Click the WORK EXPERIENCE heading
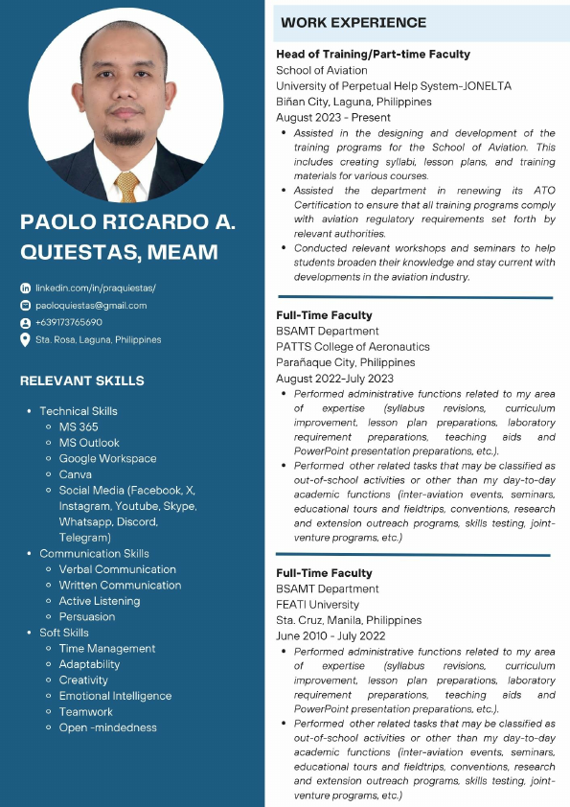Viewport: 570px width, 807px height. point(354,22)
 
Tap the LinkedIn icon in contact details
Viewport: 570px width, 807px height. point(26,288)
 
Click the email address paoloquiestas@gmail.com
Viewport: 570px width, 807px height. point(91,306)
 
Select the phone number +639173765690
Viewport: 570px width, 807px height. point(69,322)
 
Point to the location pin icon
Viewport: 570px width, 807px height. point(26,339)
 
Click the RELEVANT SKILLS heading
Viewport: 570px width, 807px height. point(82,380)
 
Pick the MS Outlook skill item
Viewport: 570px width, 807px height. point(89,443)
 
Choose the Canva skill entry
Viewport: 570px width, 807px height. point(76,474)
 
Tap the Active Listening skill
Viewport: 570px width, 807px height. point(100,601)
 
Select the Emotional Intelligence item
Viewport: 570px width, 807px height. point(115,696)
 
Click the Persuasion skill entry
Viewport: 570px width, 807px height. point(87,617)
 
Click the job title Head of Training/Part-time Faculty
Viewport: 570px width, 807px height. point(374,55)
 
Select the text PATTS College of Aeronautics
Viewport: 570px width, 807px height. point(353,347)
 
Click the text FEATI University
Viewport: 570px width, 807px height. point(318,605)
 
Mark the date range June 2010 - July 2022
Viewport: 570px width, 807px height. point(331,636)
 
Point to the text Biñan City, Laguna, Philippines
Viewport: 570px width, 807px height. point(354,102)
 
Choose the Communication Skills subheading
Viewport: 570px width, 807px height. point(94,554)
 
